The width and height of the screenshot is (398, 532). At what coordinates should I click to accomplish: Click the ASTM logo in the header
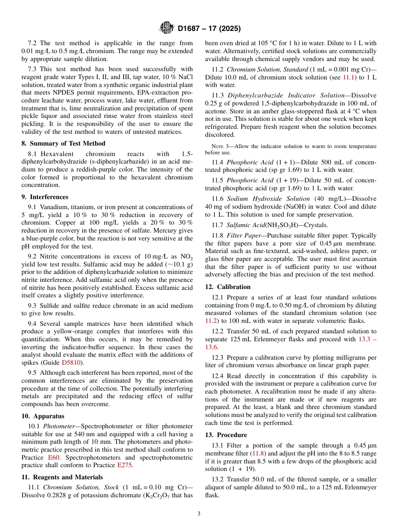(166, 28)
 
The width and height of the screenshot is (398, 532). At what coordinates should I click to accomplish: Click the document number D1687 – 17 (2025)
(209, 28)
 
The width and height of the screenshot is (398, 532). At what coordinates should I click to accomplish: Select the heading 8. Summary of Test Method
(63, 143)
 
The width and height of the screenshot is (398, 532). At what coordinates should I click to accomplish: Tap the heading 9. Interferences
(45, 197)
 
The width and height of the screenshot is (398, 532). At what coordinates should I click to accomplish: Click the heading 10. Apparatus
(43, 416)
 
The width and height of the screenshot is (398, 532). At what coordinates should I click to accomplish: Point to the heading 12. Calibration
(227, 287)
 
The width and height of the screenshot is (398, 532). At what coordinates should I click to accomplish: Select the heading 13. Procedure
(226, 435)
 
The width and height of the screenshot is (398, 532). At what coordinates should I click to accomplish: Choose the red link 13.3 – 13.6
(367, 339)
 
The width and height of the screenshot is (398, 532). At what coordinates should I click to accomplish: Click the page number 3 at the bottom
(199, 514)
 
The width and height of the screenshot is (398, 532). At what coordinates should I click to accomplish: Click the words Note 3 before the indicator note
(219, 146)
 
